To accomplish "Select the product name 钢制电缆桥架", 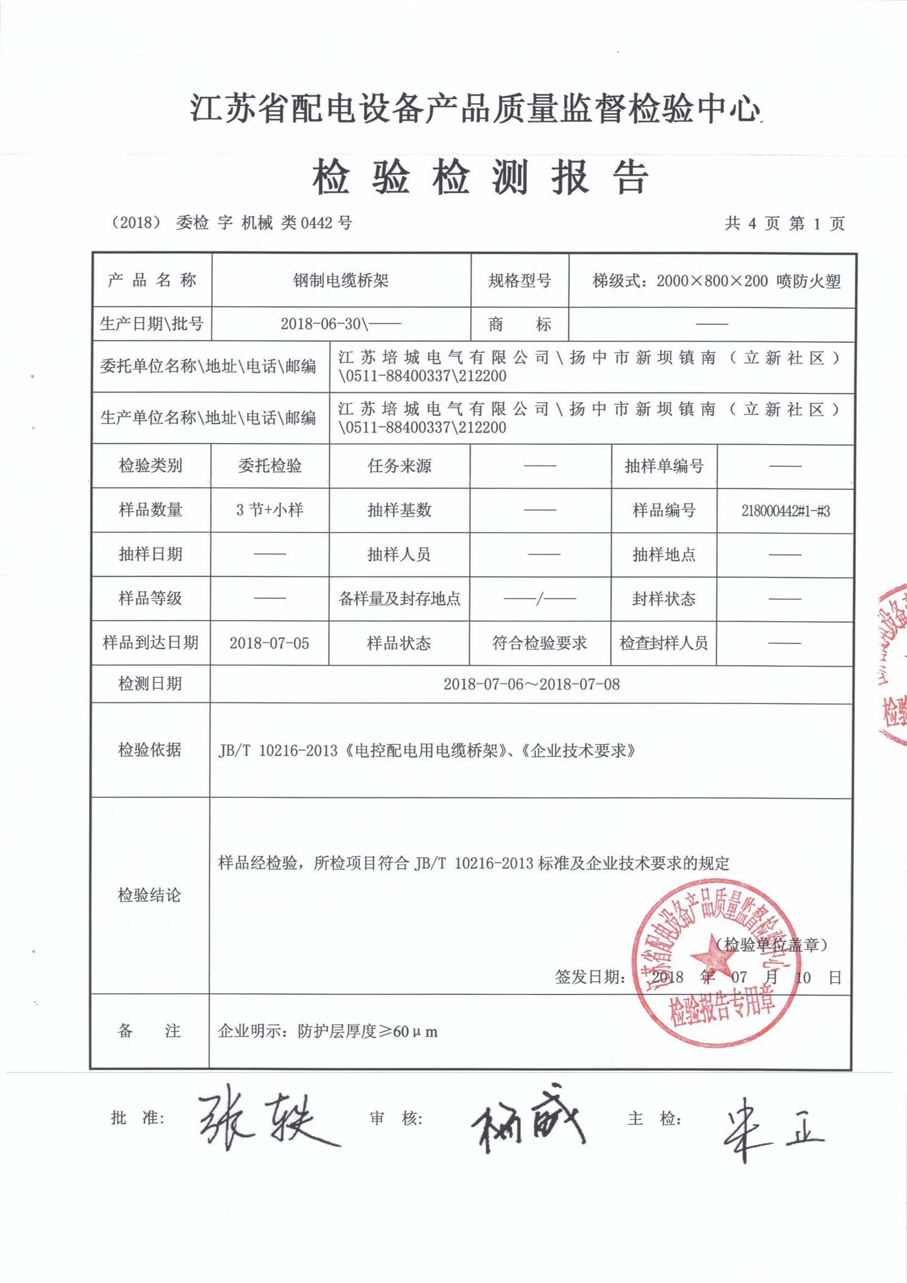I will [x=341, y=281].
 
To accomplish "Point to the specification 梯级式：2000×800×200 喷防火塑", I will [x=716, y=281].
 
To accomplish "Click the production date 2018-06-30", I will [x=321, y=324].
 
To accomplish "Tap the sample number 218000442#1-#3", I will [x=785, y=511].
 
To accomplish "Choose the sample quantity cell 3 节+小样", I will [x=270, y=510].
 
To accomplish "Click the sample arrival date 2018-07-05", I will [x=269, y=643].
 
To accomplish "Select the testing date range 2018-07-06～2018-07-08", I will [x=531, y=684].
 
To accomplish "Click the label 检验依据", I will [x=149, y=750].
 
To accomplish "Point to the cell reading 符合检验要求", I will [x=539, y=643].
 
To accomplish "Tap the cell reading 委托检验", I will [x=270, y=466].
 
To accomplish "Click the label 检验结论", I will [x=149, y=895].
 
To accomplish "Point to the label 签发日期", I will [x=589, y=977].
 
